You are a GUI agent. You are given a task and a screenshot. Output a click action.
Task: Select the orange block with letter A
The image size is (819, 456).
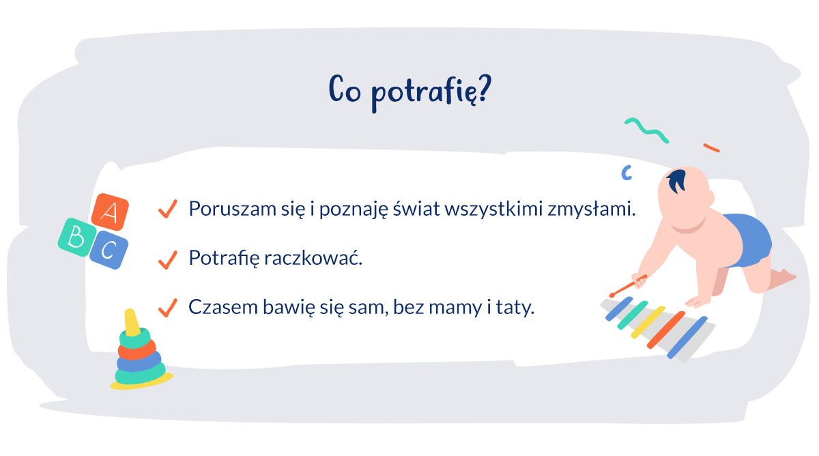coord(109,212)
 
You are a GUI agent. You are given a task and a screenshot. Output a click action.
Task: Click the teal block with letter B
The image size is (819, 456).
coord(76,237)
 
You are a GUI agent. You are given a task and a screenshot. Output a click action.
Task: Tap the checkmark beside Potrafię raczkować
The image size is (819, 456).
coord(167,259)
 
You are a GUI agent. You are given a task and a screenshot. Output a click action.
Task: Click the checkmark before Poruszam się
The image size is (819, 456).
coord(167,208)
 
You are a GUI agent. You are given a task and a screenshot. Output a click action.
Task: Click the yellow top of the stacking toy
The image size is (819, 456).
coord(132,324)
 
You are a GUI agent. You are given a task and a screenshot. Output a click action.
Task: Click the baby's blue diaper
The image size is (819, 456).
coord(746,240)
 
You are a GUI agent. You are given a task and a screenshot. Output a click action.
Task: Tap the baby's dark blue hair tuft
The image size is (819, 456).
coord(677,181)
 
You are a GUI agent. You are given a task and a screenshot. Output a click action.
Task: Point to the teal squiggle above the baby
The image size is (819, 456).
coord(646,129)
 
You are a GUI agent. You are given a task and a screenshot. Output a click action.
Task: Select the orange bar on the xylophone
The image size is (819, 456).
coord(665,330)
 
